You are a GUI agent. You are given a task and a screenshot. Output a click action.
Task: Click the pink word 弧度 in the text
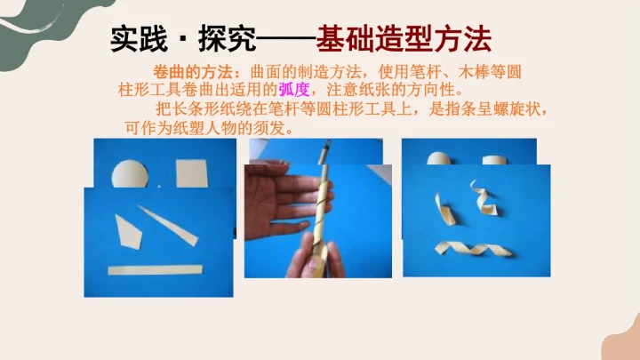click(294, 90)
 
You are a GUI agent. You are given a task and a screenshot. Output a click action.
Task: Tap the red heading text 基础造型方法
click(404, 39)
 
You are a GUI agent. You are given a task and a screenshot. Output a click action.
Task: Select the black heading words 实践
click(139, 39)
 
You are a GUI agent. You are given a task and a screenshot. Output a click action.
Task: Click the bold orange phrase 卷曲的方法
click(193, 72)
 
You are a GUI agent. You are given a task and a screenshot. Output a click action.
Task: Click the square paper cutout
click(192, 173)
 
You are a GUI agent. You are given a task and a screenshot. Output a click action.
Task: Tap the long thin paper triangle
click(168, 225)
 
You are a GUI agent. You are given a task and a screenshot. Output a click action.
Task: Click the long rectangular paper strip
click(155, 270)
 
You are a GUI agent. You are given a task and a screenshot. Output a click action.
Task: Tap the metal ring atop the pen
click(328, 144)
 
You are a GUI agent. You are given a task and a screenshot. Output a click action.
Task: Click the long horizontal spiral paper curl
click(474, 248)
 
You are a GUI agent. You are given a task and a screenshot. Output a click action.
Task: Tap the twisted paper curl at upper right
click(484, 198)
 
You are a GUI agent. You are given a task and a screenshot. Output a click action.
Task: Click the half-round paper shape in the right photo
click(439, 158)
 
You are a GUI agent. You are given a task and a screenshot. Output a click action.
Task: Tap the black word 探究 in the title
click(227, 39)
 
